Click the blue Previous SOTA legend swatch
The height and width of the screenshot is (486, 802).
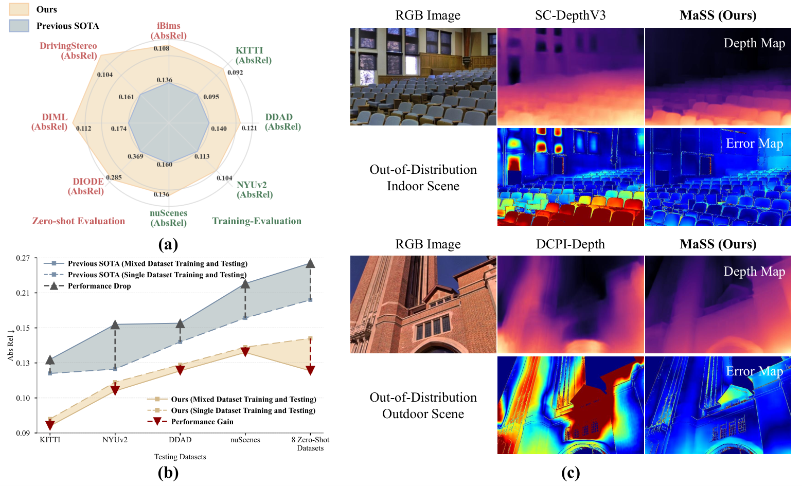tap(19, 26)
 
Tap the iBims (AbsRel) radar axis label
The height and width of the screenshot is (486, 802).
tap(168, 31)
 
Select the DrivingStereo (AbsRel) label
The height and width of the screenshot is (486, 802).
tap(68, 51)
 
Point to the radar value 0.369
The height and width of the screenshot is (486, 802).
tap(135, 156)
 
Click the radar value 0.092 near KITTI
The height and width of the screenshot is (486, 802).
tap(235, 73)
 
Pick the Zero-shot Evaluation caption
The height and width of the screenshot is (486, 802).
tap(79, 221)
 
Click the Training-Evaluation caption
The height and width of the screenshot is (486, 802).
tap(257, 221)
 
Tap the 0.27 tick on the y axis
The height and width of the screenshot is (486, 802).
tap(23, 258)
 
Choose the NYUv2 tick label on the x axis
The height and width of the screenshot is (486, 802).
tap(115, 440)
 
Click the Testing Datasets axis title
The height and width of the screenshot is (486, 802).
tap(180, 457)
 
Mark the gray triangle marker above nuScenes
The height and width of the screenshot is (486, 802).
tap(245, 284)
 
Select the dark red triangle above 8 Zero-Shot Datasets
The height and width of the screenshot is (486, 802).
tap(310, 370)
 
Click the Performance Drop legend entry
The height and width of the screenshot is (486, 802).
tap(87, 286)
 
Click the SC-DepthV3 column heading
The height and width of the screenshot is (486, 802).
tap(571, 15)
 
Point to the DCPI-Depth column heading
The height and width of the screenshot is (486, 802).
tap(571, 244)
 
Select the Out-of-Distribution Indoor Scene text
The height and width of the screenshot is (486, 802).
tap(423, 177)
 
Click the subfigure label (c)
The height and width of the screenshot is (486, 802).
tap(571, 473)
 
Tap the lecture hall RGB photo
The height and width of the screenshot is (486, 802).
tap(423, 77)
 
